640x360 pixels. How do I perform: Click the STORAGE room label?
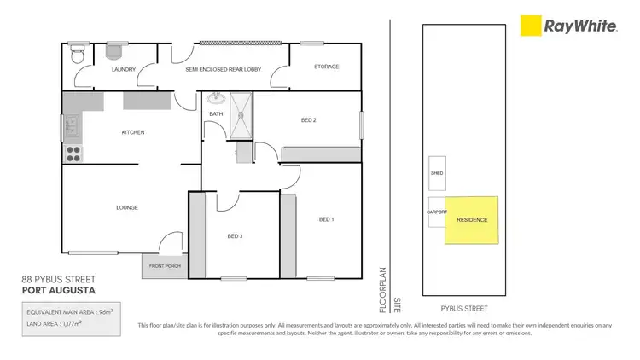(x=326, y=67)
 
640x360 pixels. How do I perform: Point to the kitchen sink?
(x=73, y=129)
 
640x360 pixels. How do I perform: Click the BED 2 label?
(x=308, y=120)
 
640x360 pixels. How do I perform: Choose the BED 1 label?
(x=326, y=219)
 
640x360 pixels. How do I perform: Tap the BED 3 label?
(x=236, y=236)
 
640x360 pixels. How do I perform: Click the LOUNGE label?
(x=127, y=207)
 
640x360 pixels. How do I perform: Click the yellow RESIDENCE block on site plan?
(x=472, y=220)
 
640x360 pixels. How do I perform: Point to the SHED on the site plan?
(x=436, y=172)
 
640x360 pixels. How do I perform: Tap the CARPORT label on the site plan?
(x=436, y=214)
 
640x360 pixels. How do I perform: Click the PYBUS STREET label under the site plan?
(x=465, y=305)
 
